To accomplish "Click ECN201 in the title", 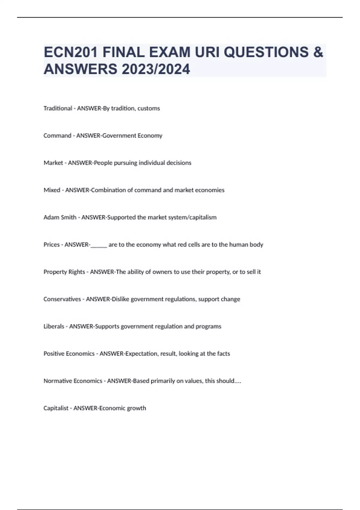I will coord(70,52).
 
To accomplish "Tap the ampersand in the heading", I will coord(318,52).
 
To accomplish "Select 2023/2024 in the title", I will coord(156,69).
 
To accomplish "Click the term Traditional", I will coord(58,108).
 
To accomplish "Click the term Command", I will coord(57,136).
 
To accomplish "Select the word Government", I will coord(119,136).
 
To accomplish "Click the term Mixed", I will coord(52,190).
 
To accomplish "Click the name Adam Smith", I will coord(60,217).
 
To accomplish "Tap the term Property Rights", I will coord(64,272).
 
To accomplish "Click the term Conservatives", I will coord(62,299).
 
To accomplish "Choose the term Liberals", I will coord(54,326).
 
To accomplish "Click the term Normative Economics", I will coord(73,381).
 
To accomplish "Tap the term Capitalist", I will coord(56,408).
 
